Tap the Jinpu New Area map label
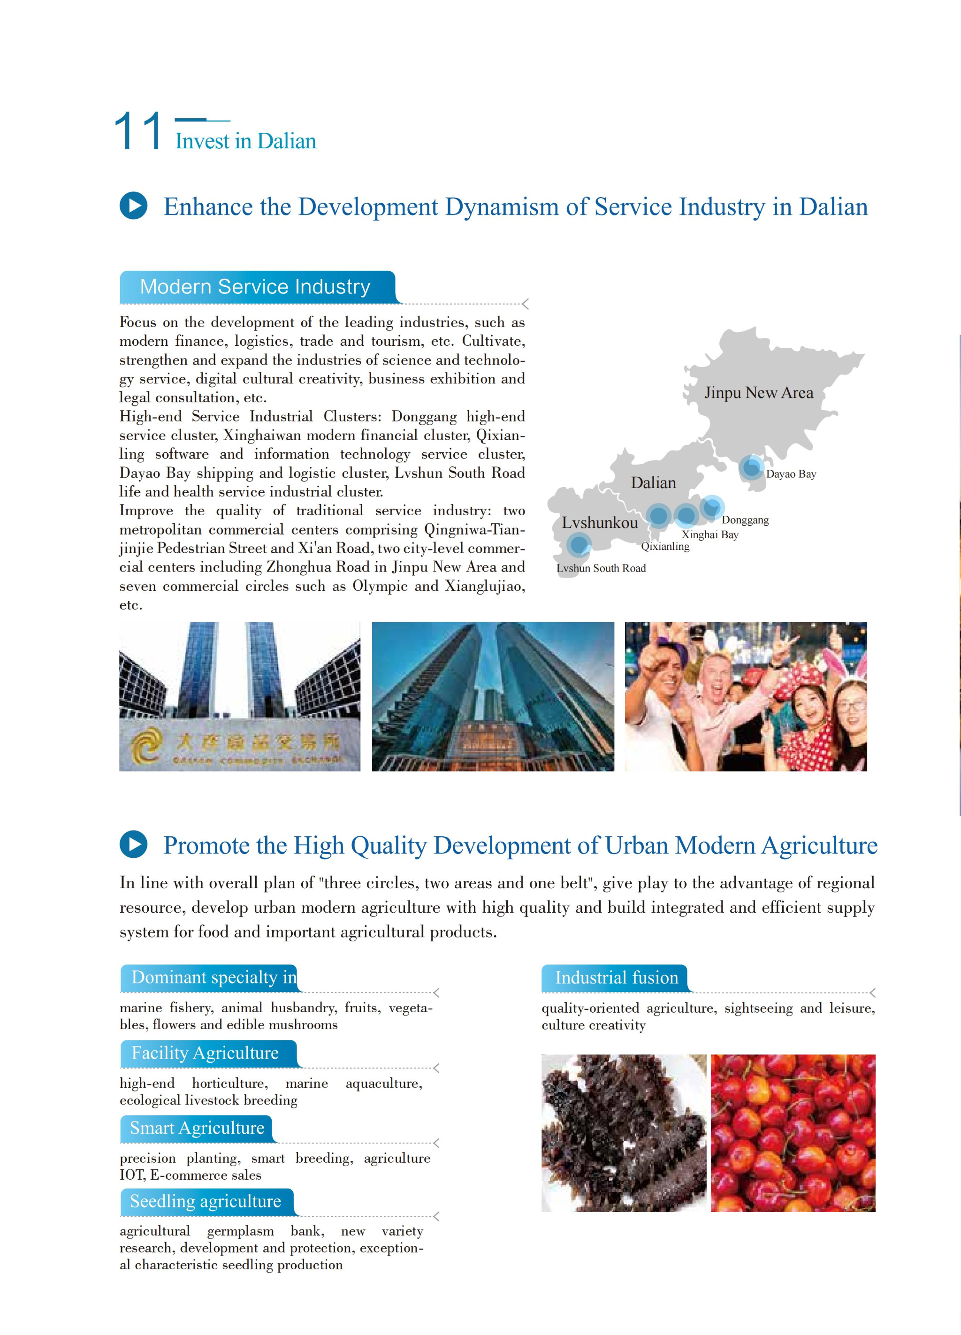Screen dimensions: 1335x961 coord(759,393)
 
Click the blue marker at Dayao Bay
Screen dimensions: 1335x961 coord(751,467)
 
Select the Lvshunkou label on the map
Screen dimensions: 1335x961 coord(599,523)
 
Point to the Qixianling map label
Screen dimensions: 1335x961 coord(665,546)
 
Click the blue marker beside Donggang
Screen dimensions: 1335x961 coord(712,507)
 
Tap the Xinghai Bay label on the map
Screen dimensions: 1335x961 coord(709,534)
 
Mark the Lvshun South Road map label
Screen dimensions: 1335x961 coord(601,568)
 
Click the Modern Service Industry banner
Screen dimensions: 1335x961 coord(255,287)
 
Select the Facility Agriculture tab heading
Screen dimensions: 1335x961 coord(205,1053)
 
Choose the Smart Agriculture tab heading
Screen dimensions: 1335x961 coord(197,1128)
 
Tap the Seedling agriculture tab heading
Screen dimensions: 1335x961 coord(206,1201)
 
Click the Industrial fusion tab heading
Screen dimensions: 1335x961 coord(616,978)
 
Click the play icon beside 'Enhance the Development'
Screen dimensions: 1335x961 coord(134,206)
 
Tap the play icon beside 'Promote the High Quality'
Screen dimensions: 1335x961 coord(134,845)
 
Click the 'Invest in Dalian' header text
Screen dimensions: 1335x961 coord(245,141)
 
